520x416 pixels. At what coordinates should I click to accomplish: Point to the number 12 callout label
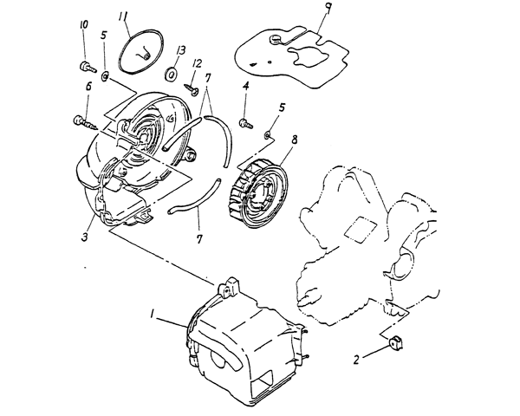point(197,64)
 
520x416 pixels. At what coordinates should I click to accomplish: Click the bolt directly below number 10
point(84,66)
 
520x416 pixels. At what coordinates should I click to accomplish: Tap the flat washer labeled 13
point(171,74)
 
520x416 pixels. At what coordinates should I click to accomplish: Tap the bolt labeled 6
point(85,120)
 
